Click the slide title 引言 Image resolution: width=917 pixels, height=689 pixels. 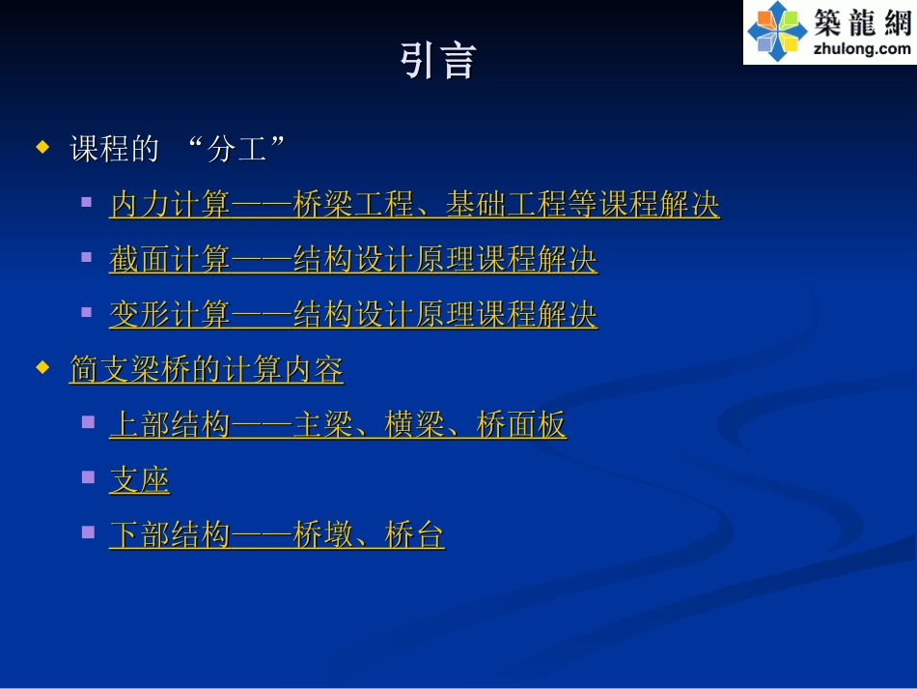pyautogui.click(x=438, y=60)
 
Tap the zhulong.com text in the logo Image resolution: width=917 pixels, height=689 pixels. pyautogui.click(x=863, y=48)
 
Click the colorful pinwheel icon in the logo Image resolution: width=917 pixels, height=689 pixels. pyautogui.click(x=777, y=31)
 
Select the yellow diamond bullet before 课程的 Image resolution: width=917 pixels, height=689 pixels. pyautogui.click(x=42, y=148)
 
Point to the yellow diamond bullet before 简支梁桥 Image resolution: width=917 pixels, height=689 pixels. pyautogui.click(x=42, y=368)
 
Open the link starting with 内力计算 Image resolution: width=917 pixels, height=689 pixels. pyautogui.click(x=413, y=205)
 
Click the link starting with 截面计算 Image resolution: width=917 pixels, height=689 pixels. pyautogui.click(x=352, y=260)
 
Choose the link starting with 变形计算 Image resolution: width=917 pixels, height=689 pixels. pyautogui.click(x=352, y=315)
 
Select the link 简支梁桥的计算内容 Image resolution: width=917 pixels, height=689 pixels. pyautogui.click(x=207, y=370)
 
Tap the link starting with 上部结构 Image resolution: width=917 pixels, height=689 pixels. pyautogui.click(x=337, y=425)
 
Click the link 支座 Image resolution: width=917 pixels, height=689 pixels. pyautogui.click(x=139, y=480)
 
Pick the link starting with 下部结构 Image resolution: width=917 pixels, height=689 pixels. pyautogui.click(x=276, y=535)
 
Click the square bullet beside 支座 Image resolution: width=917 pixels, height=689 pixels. pyautogui.click(x=88, y=476)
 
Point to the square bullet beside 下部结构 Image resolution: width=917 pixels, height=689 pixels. pyautogui.click(x=88, y=531)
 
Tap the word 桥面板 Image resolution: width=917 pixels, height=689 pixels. pyautogui.click(x=521, y=425)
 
